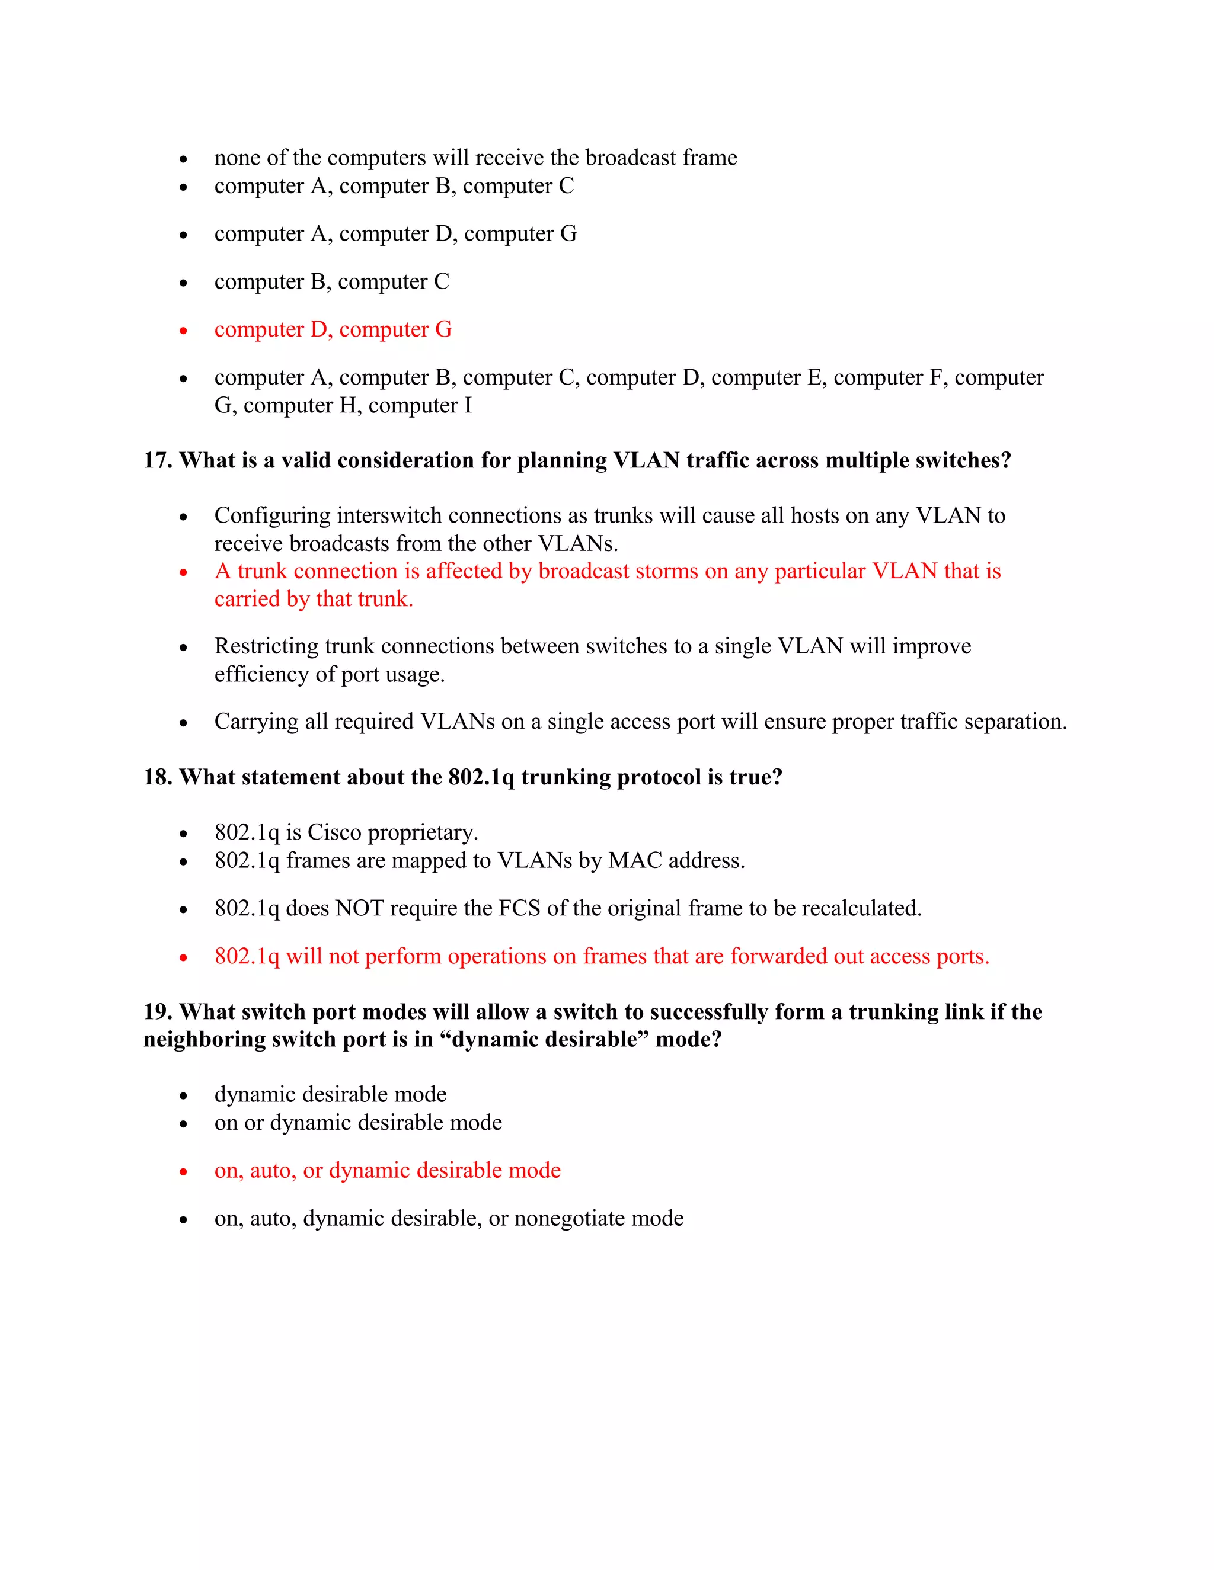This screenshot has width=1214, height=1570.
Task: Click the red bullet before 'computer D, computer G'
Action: pos(183,331)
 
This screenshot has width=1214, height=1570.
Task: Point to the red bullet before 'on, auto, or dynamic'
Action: pos(183,1172)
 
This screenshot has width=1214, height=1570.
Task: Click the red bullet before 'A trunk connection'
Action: pos(183,573)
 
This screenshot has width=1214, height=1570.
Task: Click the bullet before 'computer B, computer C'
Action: pos(183,283)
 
